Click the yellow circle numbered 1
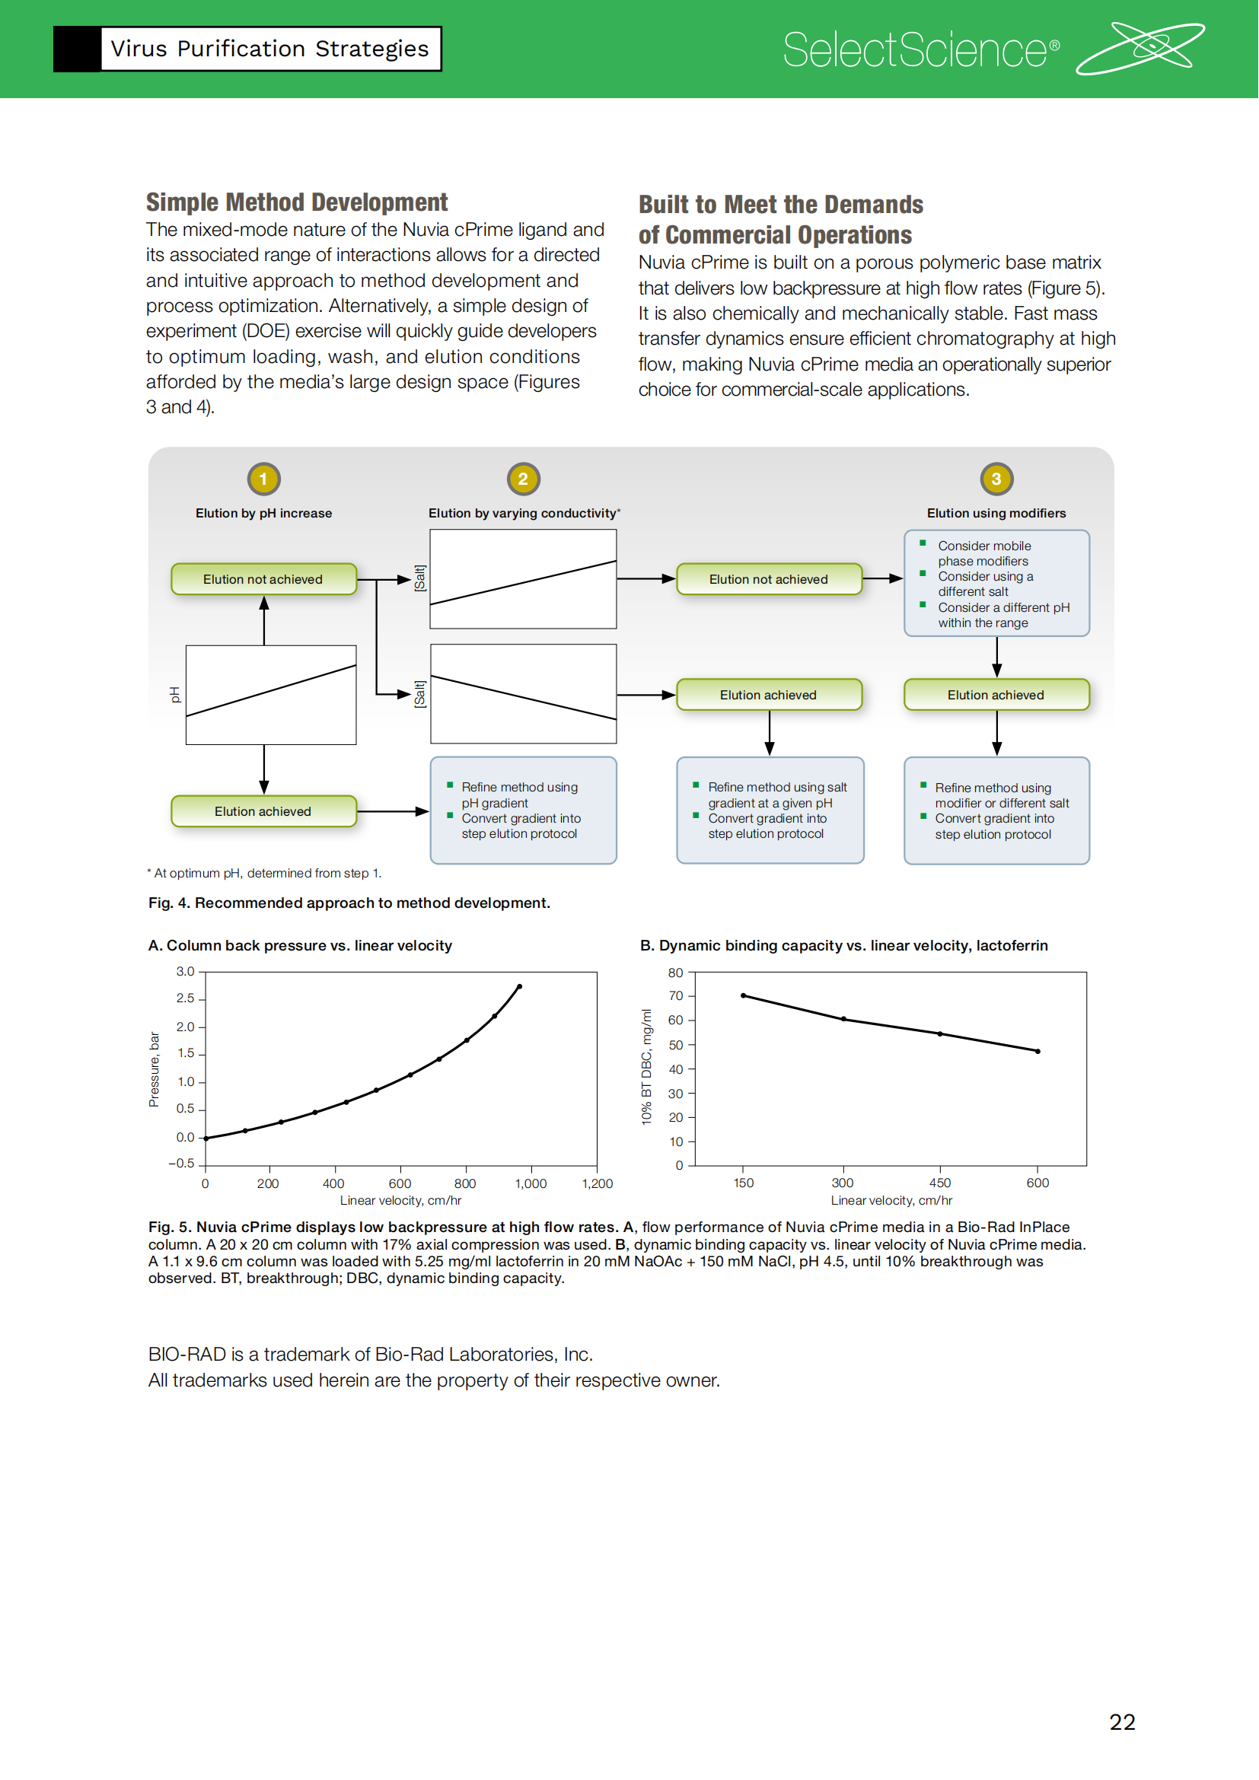[x=263, y=479]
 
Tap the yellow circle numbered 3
[x=996, y=479]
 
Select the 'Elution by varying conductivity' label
[x=524, y=513]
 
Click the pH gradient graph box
[x=271, y=695]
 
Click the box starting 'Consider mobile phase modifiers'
[x=996, y=583]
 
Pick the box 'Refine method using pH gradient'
[x=523, y=810]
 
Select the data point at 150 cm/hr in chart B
[x=744, y=995]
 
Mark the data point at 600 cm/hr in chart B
[x=1037, y=1051]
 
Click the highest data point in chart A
[x=519, y=987]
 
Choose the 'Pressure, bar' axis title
[x=155, y=1069]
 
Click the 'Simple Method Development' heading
[x=297, y=202]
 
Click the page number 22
[x=1122, y=1722]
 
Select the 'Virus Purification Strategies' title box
[x=269, y=49]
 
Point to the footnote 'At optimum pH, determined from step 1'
[x=265, y=873]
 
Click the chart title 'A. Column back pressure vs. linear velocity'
[x=300, y=945]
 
